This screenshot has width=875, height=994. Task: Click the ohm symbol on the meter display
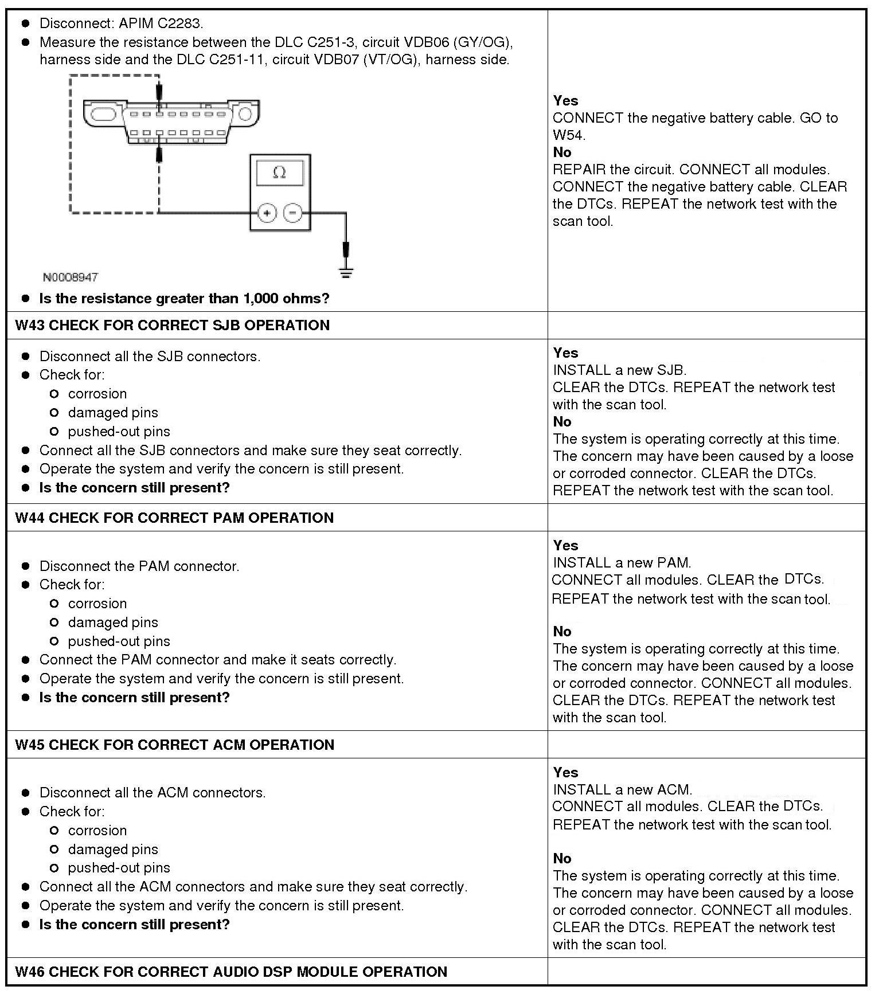pyautogui.click(x=280, y=173)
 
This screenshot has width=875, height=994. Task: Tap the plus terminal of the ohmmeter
pyautogui.click(x=267, y=213)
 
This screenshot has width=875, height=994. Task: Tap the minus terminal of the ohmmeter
pyautogui.click(x=293, y=213)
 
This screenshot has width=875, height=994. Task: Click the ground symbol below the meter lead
pyautogui.click(x=346, y=272)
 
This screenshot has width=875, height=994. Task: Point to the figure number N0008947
pyautogui.click(x=71, y=277)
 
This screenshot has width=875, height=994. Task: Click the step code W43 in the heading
pyautogui.click(x=30, y=326)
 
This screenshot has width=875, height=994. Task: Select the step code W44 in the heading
pyautogui.click(x=30, y=518)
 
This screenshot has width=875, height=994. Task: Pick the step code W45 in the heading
pyautogui.click(x=30, y=745)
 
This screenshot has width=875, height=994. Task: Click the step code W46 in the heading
pyautogui.click(x=30, y=972)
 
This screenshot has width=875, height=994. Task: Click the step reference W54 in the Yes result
pyautogui.click(x=568, y=135)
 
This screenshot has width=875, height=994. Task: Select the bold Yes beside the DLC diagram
pyautogui.click(x=565, y=101)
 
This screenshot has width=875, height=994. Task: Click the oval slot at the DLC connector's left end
pyautogui.click(x=103, y=113)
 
